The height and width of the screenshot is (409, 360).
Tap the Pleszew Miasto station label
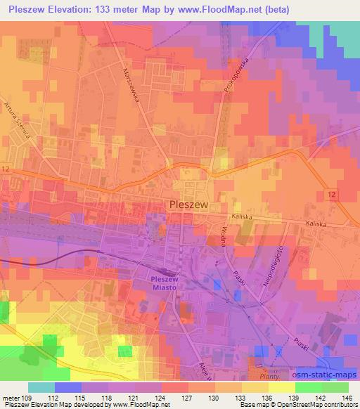tap(168, 283)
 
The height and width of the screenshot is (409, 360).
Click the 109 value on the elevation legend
tap(27, 397)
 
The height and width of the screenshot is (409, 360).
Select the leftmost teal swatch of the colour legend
tap(41, 387)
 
